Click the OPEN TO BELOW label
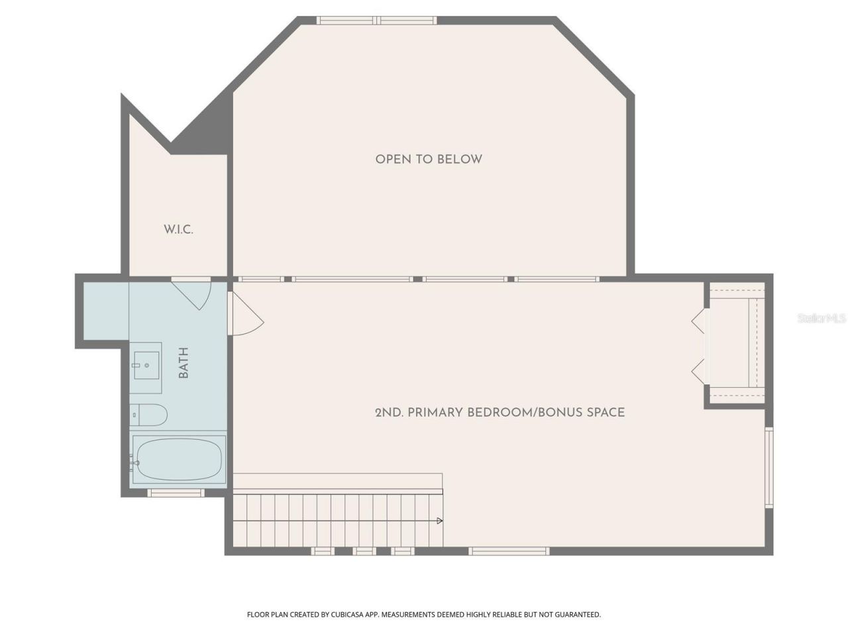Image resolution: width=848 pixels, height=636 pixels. click(429, 159)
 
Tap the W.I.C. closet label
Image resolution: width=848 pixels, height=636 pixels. click(178, 230)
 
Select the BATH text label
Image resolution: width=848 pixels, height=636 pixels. click(184, 362)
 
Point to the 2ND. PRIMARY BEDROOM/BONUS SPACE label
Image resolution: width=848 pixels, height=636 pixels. click(500, 412)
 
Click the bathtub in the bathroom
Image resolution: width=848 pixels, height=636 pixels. click(179, 458)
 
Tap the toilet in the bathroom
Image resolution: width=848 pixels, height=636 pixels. click(148, 415)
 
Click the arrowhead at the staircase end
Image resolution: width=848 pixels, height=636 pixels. click(440, 521)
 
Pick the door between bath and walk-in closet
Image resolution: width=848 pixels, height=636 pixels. click(193, 293)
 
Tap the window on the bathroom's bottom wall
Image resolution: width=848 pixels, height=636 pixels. click(176, 493)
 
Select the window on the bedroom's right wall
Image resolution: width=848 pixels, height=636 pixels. click(769, 468)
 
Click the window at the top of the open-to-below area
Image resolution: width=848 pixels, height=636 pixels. click(376, 21)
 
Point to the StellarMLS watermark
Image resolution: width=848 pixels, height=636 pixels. click(821, 319)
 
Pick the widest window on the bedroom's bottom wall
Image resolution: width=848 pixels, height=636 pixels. click(509, 551)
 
